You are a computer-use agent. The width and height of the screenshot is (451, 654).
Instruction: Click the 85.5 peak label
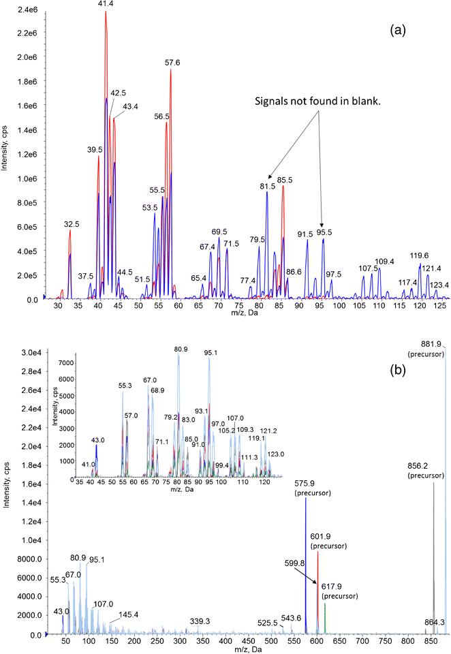click(x=283, y=180)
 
